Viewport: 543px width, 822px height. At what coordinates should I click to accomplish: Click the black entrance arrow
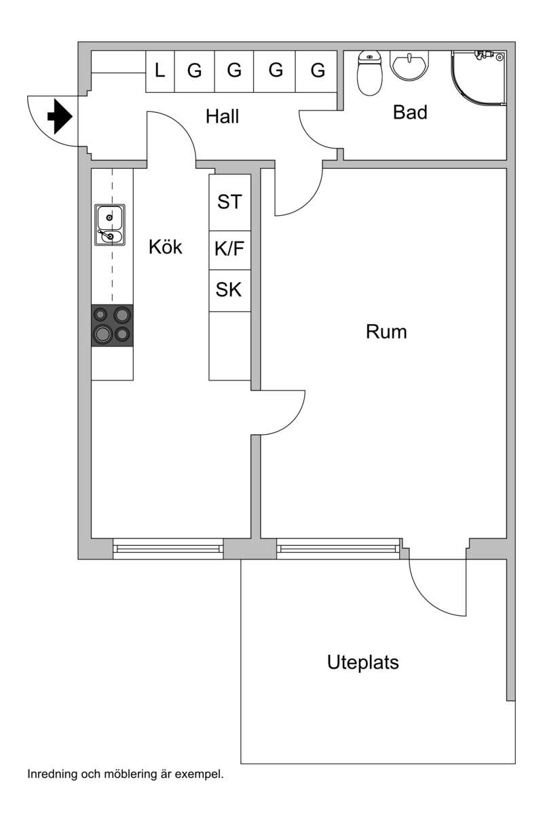[60, 117]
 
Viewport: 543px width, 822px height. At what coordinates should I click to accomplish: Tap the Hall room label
[223, 117]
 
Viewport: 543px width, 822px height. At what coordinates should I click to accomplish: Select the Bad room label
[410, 113]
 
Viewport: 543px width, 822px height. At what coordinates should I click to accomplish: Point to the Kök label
[166, 248]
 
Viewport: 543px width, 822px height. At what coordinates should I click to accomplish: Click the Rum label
[386, 332]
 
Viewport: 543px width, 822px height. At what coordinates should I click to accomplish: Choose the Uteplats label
[362, 662]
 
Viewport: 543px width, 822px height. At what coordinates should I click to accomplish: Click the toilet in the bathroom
[370, 74]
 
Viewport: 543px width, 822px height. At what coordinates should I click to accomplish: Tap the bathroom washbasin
[409, 66]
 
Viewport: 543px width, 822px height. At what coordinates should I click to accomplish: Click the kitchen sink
[109, 225]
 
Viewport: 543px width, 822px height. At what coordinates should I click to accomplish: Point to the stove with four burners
[112, 325]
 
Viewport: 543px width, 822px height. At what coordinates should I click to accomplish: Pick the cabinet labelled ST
[229, 202]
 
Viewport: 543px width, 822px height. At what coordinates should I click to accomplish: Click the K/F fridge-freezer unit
[229, 249]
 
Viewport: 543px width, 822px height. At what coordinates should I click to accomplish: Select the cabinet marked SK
[229, 290]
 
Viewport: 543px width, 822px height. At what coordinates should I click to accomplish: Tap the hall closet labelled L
[160, 71]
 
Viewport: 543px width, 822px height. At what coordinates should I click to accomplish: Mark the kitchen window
[168, 548]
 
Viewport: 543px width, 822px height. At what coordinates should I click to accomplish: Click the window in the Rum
[338, 548]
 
